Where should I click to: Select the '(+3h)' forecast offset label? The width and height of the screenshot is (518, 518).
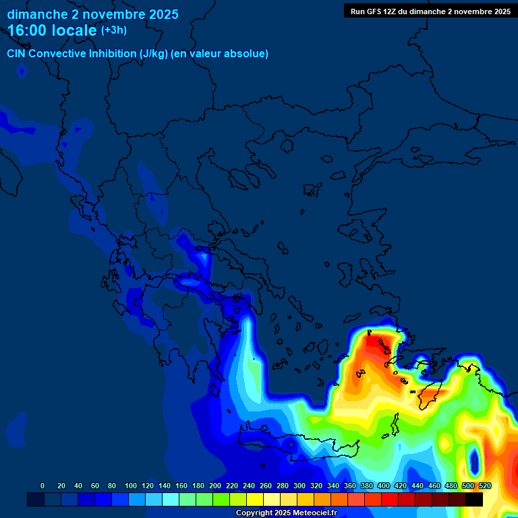(114, 30)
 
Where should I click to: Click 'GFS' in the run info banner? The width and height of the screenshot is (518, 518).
(372, 11)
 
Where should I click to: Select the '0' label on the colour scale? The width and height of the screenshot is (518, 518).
(42, 486)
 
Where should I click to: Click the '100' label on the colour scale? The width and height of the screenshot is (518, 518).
(130, 486)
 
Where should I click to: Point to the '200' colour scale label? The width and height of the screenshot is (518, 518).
(214, 486)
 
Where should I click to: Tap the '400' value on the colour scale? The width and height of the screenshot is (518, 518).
(383, 486)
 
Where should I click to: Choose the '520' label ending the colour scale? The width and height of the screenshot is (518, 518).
(484, 486)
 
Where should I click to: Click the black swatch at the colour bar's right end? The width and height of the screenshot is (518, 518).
(474, 499)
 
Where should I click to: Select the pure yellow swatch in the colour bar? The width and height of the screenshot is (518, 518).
(255, 499)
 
